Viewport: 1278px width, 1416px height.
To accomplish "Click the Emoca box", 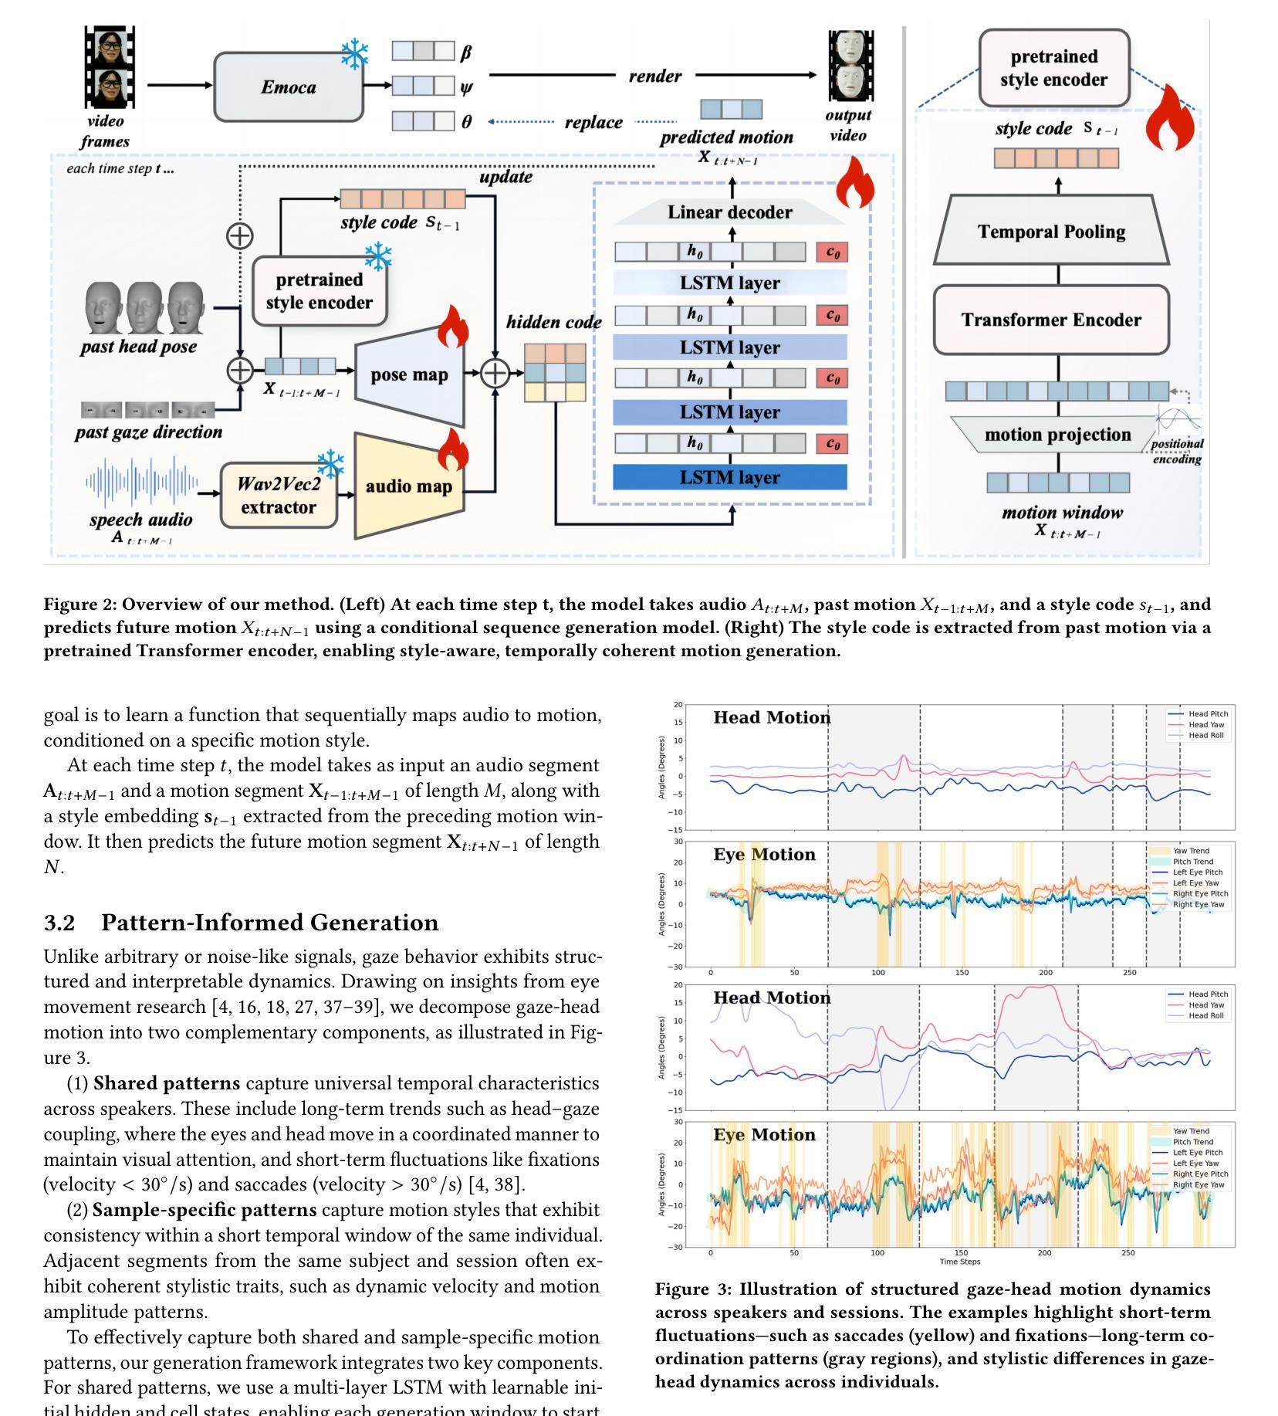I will point(288,87).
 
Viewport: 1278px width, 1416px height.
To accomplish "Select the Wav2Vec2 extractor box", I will point(279,496).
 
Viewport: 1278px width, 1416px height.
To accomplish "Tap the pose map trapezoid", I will point(410,375).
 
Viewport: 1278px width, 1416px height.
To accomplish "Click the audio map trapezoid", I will point(408,486).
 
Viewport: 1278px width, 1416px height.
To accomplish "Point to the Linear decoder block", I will point(730,212).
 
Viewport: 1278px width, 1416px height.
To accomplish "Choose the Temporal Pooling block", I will point(1051,232).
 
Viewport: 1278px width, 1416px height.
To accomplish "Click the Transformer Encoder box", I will point(1051,320).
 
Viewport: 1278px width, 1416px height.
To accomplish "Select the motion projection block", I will point(1057,435).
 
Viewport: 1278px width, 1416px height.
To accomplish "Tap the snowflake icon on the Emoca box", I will point(354,54).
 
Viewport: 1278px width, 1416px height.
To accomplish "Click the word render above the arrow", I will point(654,76).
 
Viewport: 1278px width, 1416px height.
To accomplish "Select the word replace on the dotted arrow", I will point(593,122).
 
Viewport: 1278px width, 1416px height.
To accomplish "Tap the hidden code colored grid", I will point(555,372).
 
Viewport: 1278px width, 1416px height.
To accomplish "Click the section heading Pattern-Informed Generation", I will point(269,923).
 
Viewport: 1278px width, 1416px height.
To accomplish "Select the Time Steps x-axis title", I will point(959,1262).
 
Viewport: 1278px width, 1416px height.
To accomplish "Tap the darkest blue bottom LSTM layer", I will point(730,477).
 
